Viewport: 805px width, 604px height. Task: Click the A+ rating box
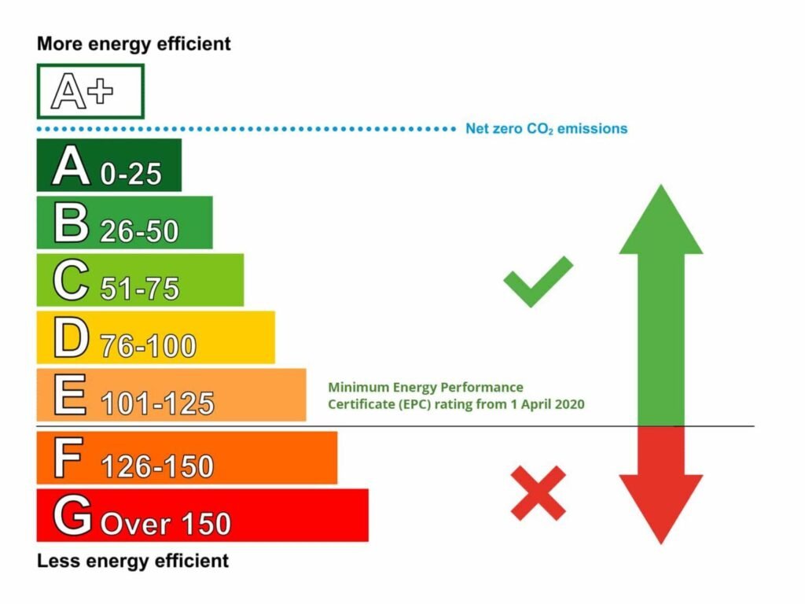(90, 92)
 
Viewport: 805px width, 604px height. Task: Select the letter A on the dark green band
(72, 167)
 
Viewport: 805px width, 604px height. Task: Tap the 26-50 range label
(139, 231)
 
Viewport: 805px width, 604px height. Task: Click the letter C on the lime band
(71, 282)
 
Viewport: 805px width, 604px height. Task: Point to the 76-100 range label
(148, 347)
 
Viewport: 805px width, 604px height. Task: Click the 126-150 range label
(157, 466)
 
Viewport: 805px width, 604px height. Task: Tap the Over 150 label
(166, 524)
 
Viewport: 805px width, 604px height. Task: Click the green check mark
(538, 281)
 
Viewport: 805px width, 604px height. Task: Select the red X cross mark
(538, 493)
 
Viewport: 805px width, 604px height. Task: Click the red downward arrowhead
(660, 507)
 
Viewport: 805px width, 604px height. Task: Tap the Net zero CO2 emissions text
(546, 128)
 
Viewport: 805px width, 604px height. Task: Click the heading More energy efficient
(134, 44)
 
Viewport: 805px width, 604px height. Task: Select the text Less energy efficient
(133, 561)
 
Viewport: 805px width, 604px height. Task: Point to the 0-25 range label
(131, 175)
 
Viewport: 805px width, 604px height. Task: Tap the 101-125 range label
(157, 403)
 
